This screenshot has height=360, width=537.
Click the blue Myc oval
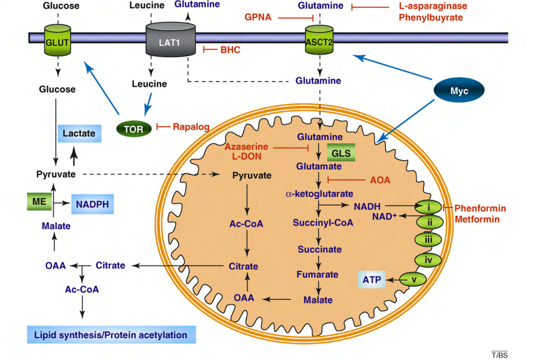(x=459, y=91)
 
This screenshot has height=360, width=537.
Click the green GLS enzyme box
(x=341, y=153)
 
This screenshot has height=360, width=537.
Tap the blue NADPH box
(x=92, y=204)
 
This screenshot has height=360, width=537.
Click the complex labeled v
(x=413, y=280)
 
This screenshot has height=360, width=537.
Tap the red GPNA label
(x=258, y=17)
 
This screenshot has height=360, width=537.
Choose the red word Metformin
(x=477, y=219)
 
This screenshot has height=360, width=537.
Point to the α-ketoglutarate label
(x=319, y=193)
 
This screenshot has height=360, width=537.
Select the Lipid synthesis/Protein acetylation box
(x=110, y=335)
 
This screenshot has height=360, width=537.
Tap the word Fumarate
(x=317, y=274)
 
